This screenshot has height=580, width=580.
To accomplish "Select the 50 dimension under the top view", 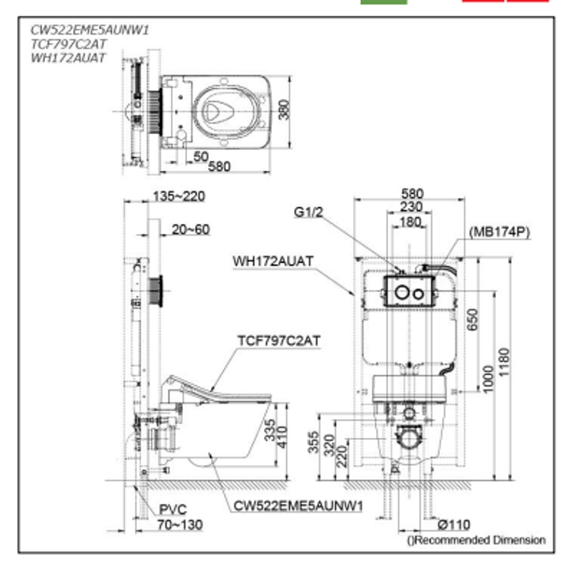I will tap(200, 157).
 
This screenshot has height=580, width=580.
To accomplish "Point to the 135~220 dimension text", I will tap(178, 197).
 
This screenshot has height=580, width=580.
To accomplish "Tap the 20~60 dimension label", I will tap(191, 230).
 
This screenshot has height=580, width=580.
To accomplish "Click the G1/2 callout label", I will tap(308, 212).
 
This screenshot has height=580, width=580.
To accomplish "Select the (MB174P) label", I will tap(499, 232).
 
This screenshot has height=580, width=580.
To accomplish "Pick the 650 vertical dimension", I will tap(473, 320).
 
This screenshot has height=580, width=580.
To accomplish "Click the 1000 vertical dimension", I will tap(487, 379).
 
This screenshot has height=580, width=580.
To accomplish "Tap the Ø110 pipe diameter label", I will tap(454, 524).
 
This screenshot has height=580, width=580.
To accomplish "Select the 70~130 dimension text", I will tap(180, 525).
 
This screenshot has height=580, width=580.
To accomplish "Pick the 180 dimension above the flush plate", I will tap(410, 221).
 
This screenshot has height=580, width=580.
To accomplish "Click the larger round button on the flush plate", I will tap(401, 293).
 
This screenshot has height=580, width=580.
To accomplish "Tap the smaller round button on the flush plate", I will tap(417, 294).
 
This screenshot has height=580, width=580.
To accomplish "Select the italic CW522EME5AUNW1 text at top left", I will tap(90, 31).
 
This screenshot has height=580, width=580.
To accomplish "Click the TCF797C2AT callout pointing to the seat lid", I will tap(279, 340).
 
